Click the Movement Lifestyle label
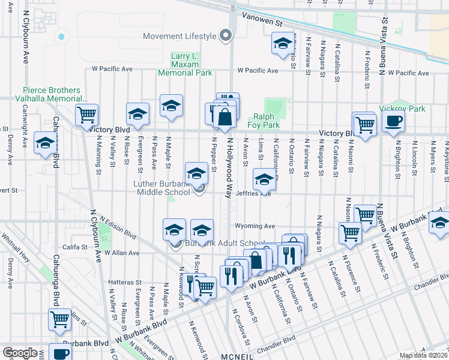tap(179, 36)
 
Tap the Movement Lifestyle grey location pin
tap(225, 36)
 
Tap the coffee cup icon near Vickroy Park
tap(393, 121)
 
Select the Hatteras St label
tap(125, 281)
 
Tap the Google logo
tap(20, 353)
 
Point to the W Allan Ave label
tap(122, 253)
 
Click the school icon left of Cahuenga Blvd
tap(45, 143)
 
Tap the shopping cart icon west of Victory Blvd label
tap(87, 113)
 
